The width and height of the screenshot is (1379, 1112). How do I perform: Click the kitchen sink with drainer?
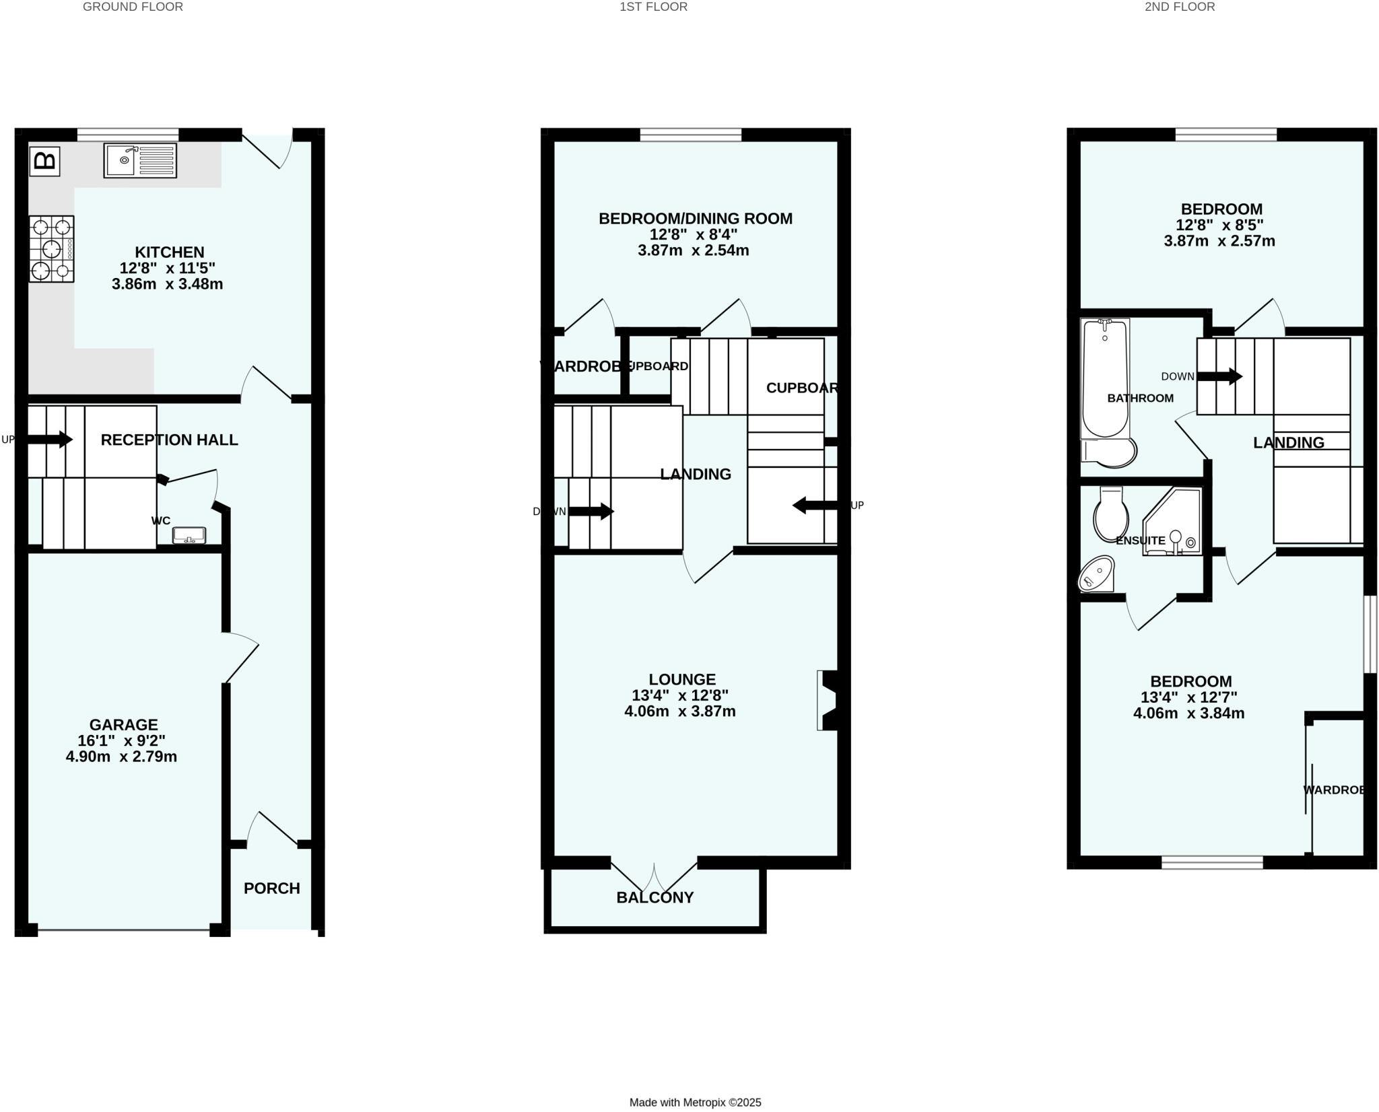coord(140,160)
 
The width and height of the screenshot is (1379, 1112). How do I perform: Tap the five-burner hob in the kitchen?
coord(51,249)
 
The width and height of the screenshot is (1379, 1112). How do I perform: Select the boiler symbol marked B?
coord(45,162)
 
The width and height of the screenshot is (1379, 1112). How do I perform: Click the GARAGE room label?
coord(123,725)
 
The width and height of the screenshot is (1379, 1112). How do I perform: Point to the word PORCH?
coord(271,889)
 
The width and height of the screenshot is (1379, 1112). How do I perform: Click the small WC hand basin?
coord(189,536)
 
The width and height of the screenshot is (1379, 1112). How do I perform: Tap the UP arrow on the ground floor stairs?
coord(57,440)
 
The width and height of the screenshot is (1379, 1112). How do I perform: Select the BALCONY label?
coord(654,897)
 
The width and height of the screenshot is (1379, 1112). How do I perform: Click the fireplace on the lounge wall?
coord(828,700)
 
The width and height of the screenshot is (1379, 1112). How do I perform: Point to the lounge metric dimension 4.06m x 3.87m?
coord(679,711)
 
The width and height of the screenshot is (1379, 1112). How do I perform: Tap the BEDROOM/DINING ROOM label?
coord(696,219)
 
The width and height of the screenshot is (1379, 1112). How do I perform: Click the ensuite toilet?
coord(1111,515)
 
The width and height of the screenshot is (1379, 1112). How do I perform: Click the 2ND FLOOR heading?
coord(1180,7)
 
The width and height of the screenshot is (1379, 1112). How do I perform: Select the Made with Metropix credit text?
coord(695,1103)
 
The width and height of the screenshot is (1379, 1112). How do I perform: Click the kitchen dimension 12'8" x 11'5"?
coord(168,268)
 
